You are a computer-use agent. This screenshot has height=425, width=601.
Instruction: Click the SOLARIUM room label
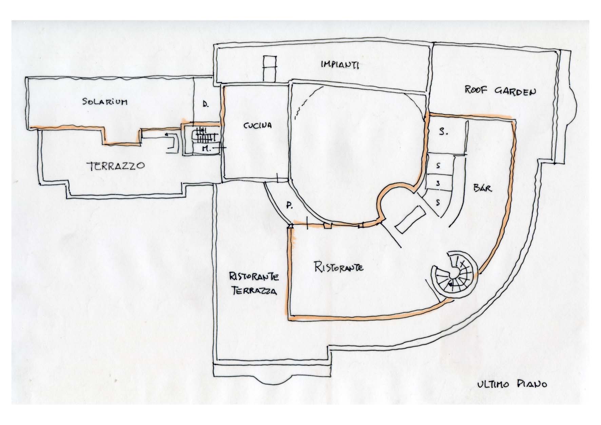pos(105,101)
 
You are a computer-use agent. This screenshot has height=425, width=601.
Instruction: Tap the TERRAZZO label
pos(116,166)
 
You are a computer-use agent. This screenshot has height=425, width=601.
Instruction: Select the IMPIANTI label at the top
pos(340,64)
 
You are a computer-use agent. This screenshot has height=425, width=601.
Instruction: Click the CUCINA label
pos(257,125)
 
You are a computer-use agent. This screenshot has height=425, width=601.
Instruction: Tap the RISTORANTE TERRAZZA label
pos(254,284)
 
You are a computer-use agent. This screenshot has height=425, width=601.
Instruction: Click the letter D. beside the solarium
pos(206,105)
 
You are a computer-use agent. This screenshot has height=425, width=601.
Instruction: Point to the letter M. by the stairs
pos(206,148)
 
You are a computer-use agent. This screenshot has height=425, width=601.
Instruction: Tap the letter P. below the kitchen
pos(289,205)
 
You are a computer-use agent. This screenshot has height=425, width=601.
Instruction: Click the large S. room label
pos(443,132)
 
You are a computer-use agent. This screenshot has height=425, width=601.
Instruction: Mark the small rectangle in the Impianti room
pos(270,68)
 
